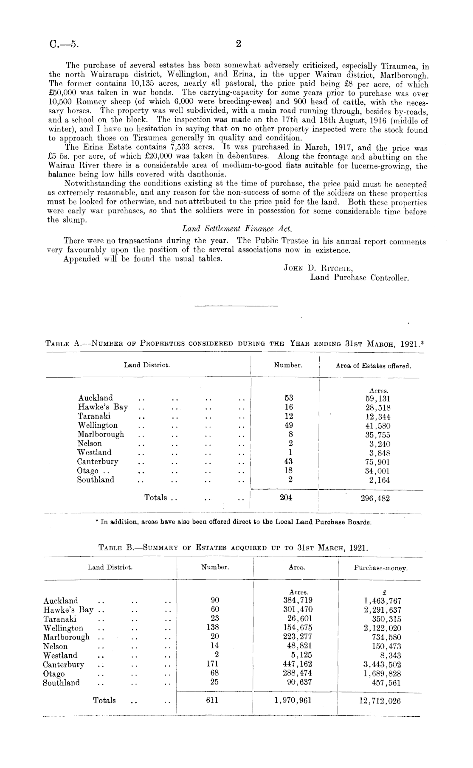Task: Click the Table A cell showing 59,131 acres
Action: coord(377,398)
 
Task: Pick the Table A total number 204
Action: coord(286,497)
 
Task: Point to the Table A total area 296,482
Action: coord(375,499)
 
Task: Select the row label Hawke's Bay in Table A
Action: coord(103,407)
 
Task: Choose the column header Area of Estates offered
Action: coord(373,366)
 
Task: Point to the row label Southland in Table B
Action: coord(61,683)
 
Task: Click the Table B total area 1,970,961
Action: coord(293,701)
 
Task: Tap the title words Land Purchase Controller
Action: coord(360,278)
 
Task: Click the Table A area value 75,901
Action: coord(377,462)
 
